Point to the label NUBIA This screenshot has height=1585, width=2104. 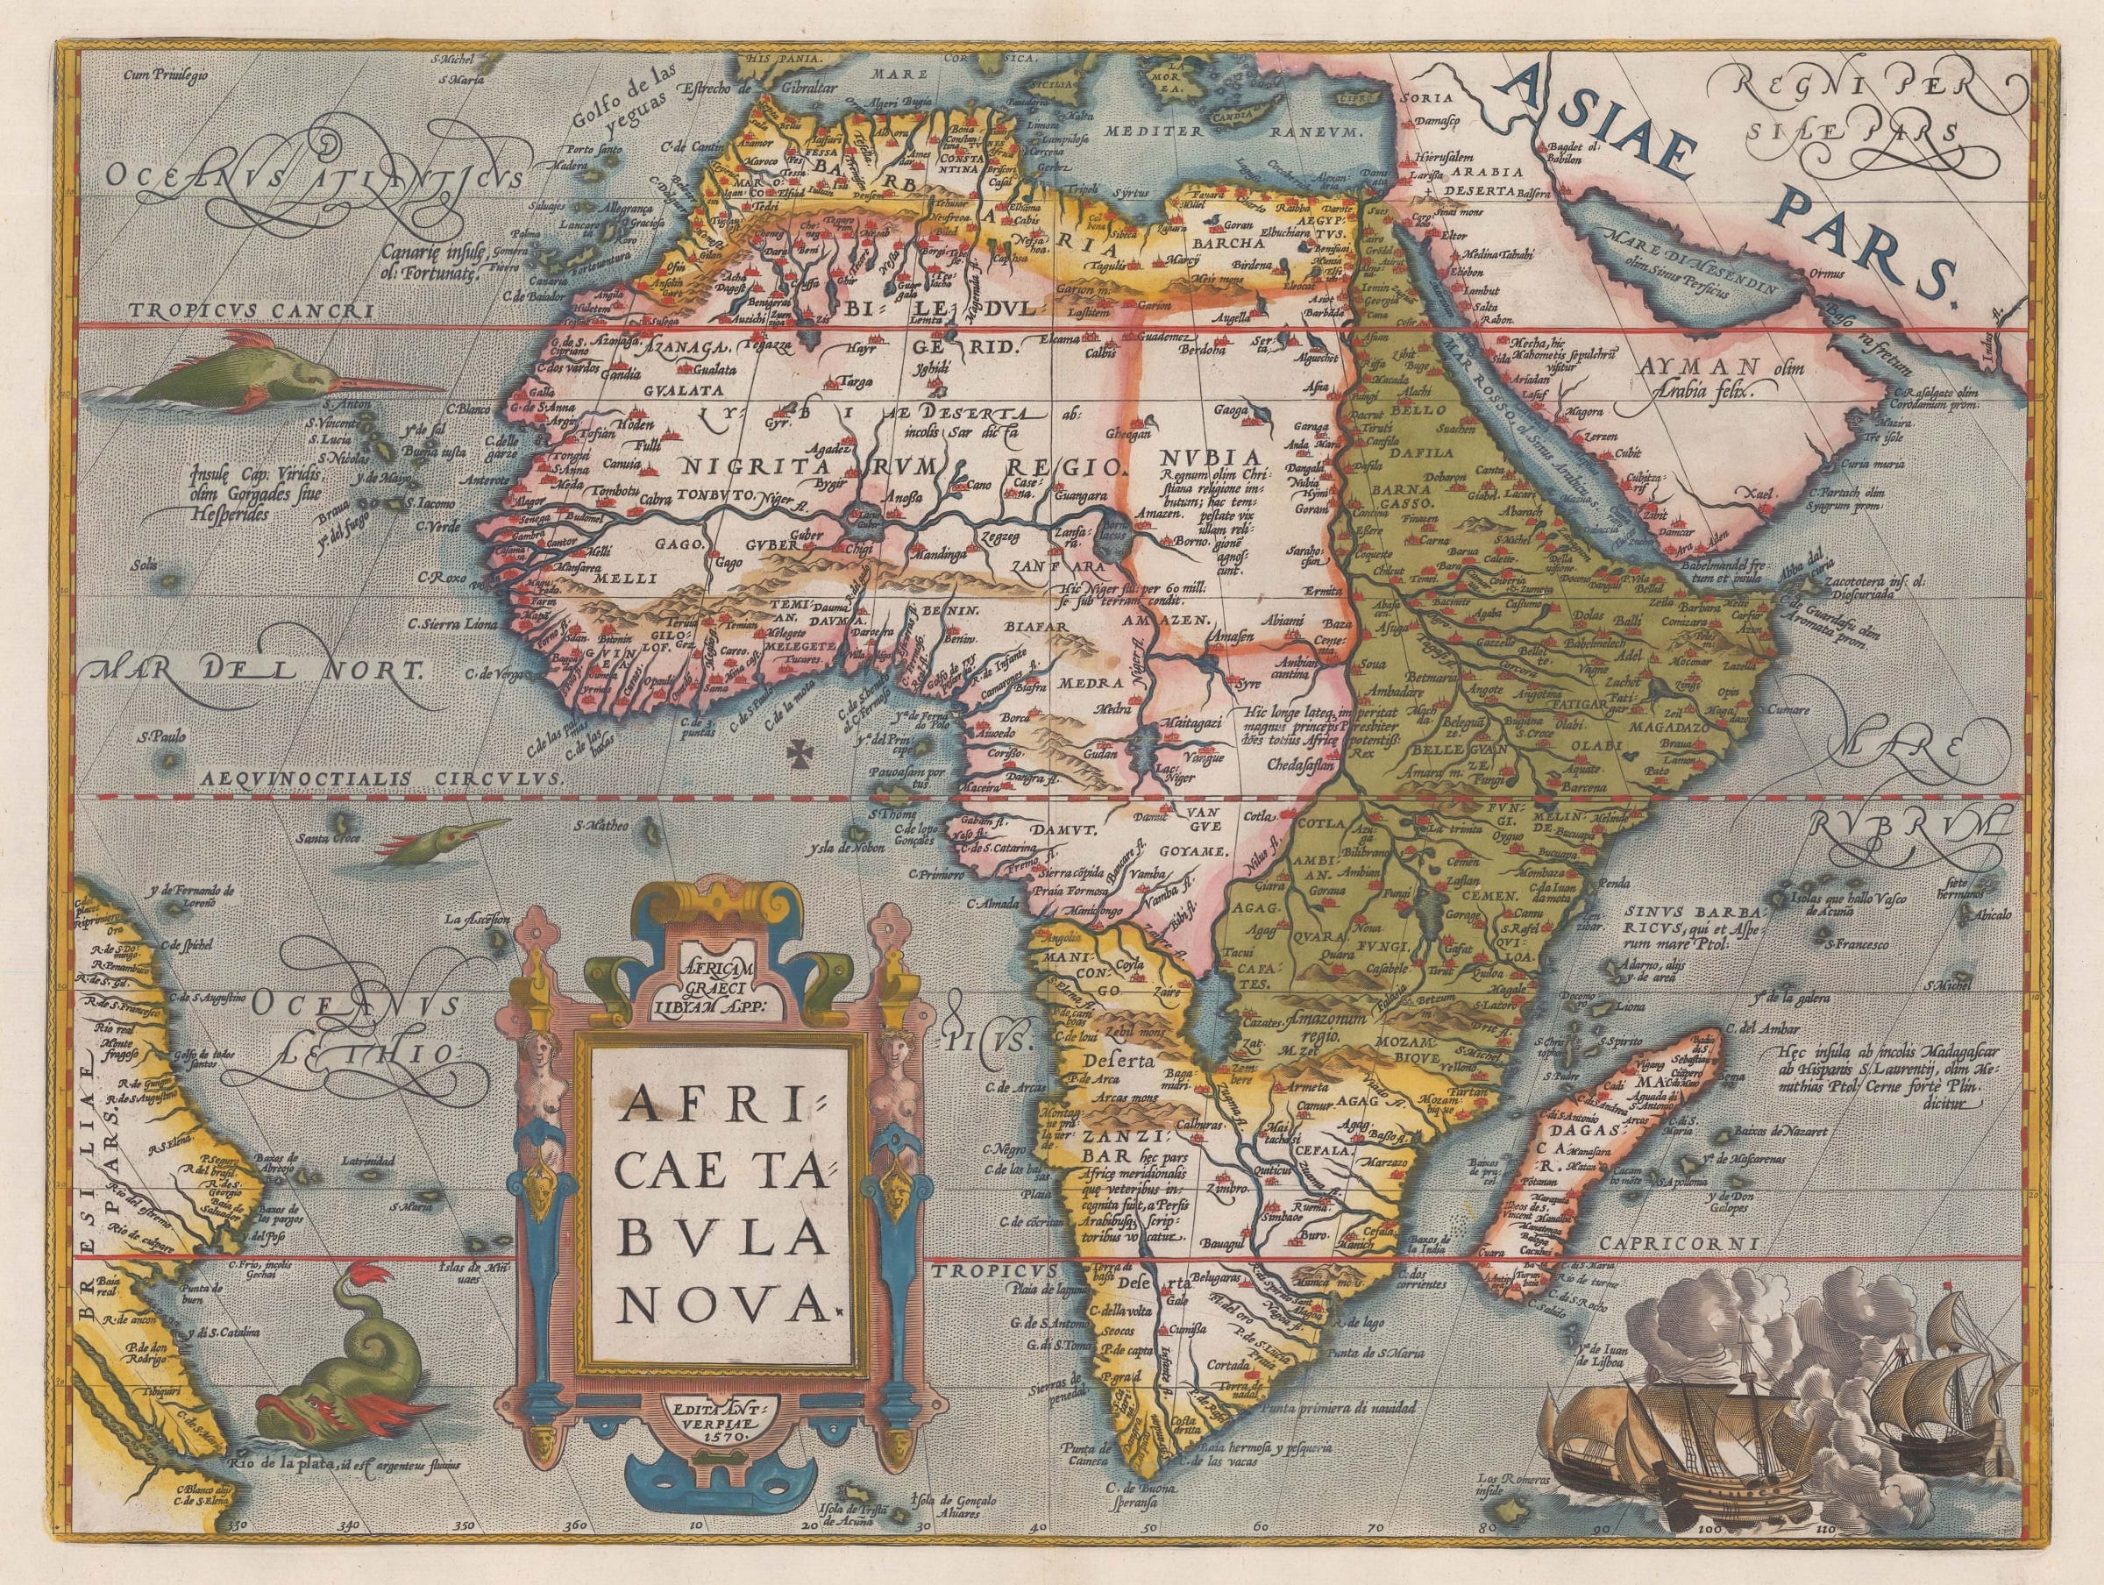point(1206,455)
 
